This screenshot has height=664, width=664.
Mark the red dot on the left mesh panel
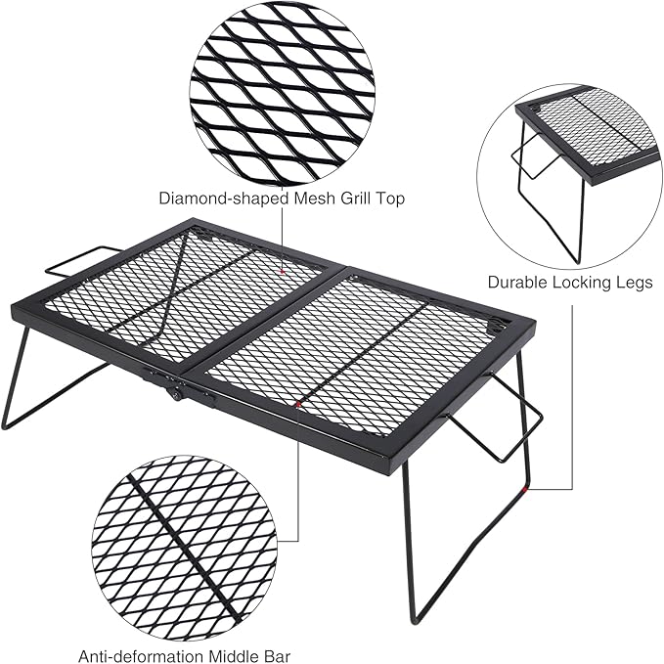(x=282, y=267)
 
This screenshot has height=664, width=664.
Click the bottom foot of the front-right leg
(x=416, y=619)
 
